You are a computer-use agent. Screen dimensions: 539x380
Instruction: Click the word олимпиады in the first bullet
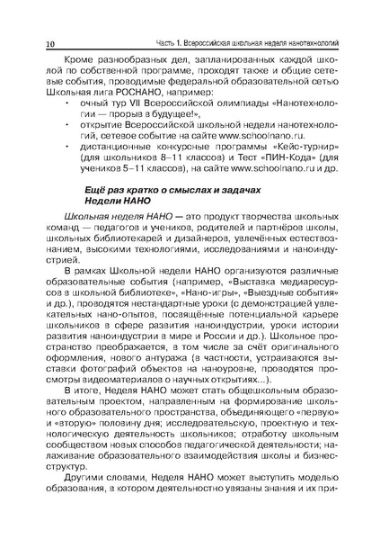[x=230, y=118]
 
